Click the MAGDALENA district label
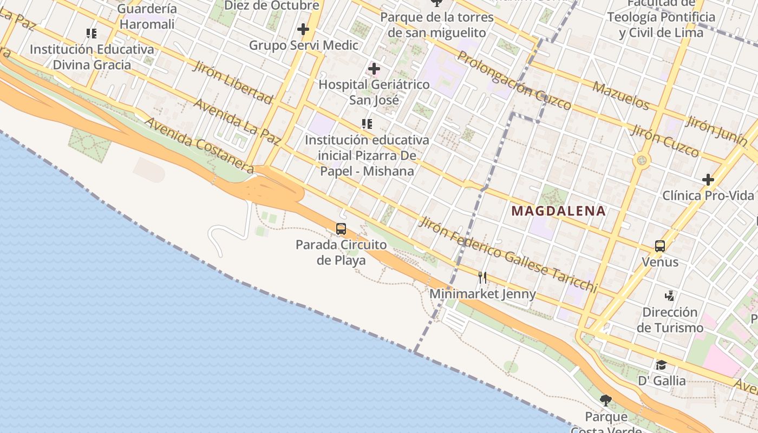click(558, 211)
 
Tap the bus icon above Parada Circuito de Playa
click(341, 228)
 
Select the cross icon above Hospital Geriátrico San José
click(374, 69)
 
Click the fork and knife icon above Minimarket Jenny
click(482, 278)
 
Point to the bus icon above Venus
click(659, 246)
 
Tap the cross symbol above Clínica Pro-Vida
click(708, 180)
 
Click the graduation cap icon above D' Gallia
click(661, 365)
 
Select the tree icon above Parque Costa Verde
click(606, 401)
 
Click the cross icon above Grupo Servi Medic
click(303, 29)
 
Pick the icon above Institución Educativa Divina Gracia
click(92, 34)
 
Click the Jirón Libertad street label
click(232, 83)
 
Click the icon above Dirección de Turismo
click(670, 296)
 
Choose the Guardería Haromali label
click(147, 16)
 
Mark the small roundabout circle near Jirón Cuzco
click(642, 160)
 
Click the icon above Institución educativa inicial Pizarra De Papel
click(367, 124)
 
